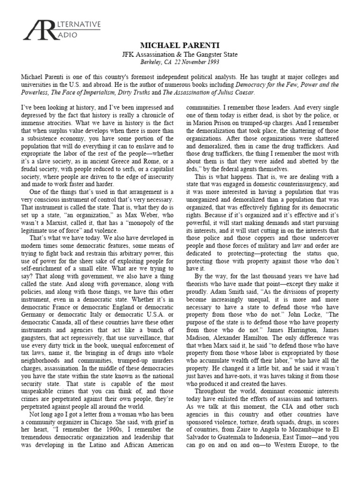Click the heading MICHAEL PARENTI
point(180,45)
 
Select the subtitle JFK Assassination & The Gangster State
point(180,54)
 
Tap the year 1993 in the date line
point(212,62)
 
